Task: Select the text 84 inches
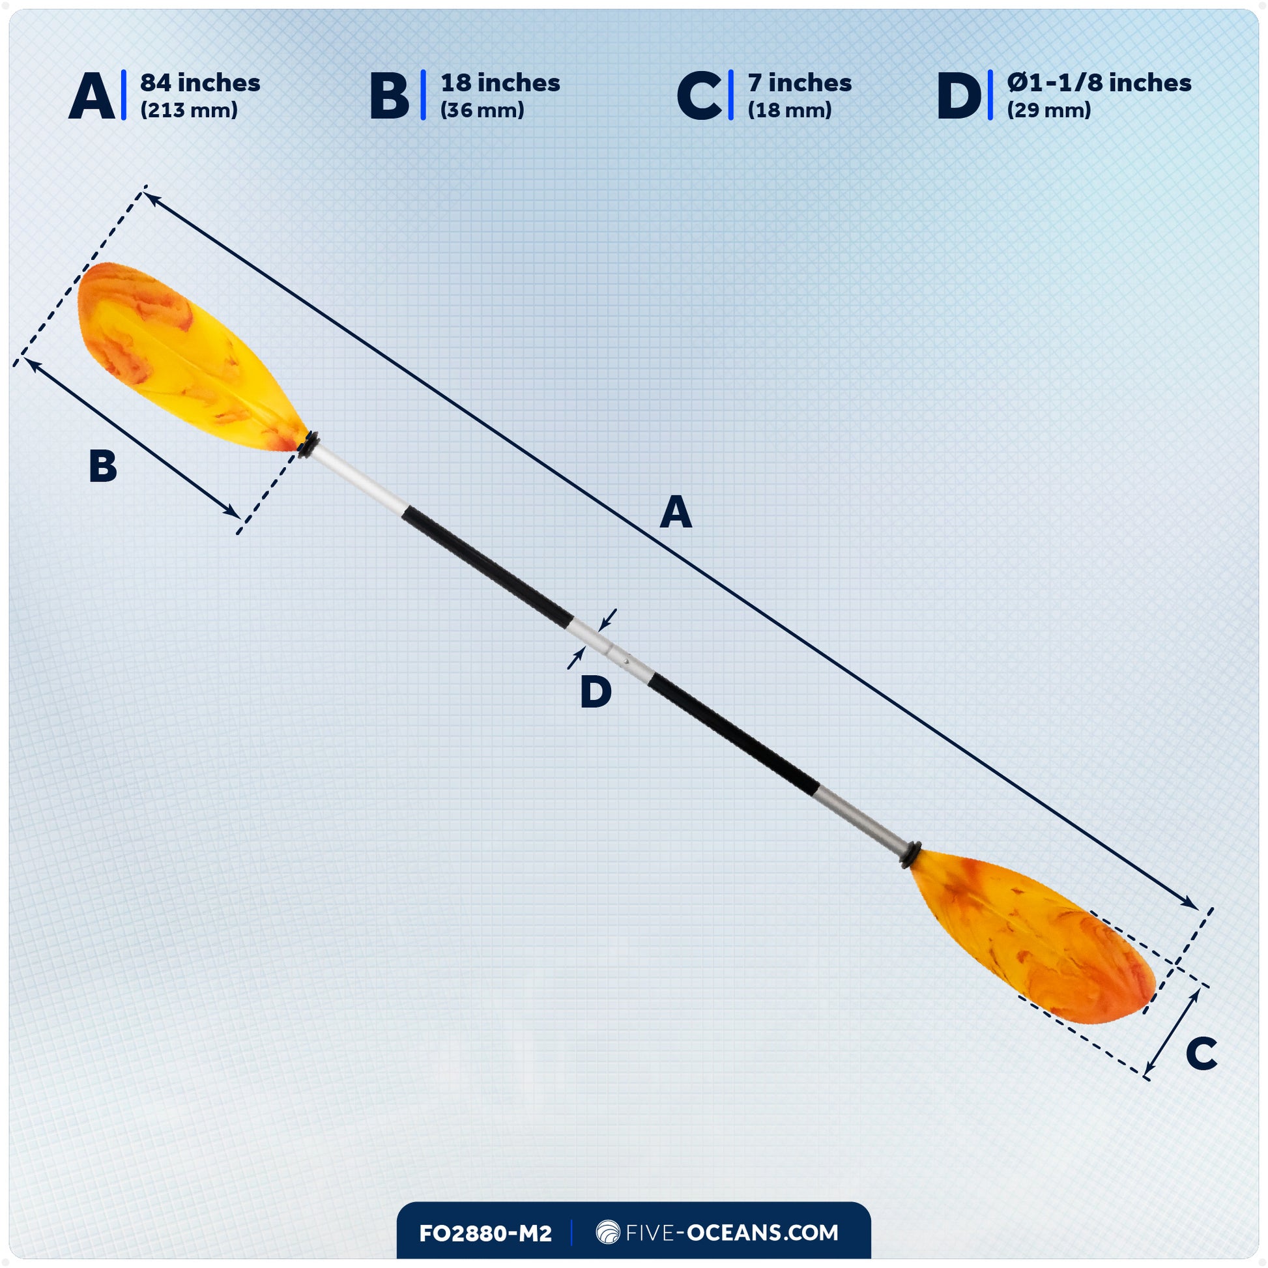(200, 83)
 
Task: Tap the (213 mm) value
(189, 110)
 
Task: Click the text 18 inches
(500, 83)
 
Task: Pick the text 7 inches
(800, 83)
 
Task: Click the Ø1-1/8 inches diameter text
(1099, 83)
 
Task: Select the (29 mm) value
(1049, 110)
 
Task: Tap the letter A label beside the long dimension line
(675, 513)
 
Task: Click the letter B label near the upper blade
(103, 467)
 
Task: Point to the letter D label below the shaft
(596, 693)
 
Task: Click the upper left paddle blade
(184, 354)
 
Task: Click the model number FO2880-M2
(485, 1233)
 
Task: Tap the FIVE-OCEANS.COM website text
(732, 1233)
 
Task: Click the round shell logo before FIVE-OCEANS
(608, 1232)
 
